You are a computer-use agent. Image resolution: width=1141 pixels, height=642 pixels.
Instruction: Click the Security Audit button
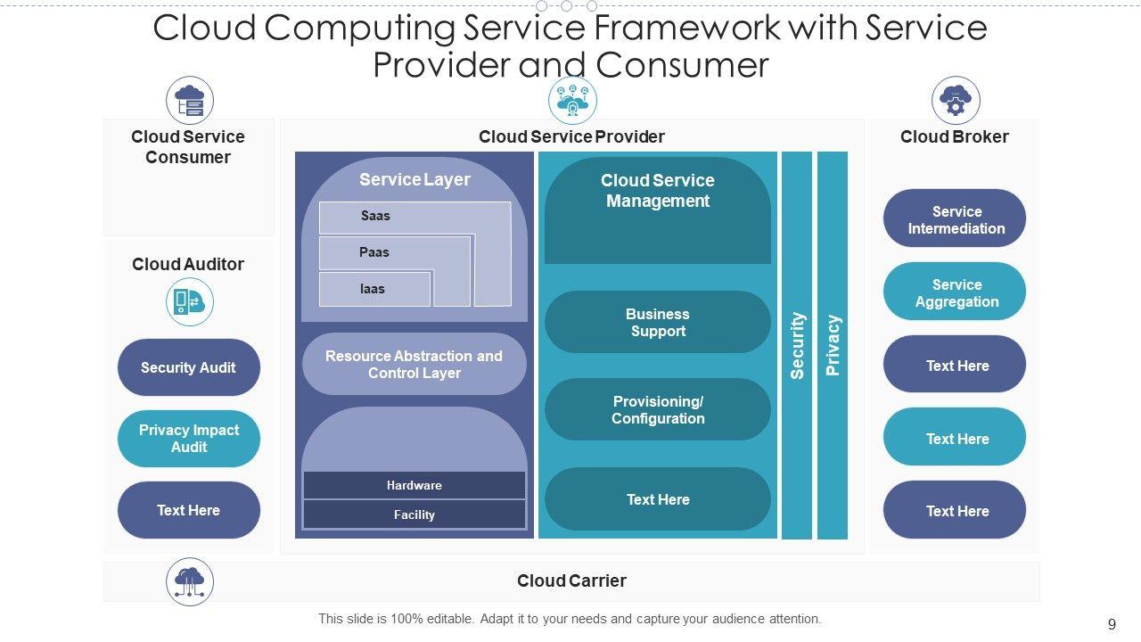tap(188, 367)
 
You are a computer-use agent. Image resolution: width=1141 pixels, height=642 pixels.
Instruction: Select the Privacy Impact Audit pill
tap(188, 439)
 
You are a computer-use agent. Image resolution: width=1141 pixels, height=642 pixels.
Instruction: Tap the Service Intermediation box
tap(955, 219)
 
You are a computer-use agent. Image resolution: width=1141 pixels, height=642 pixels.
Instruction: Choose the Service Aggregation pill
tap(955, 292)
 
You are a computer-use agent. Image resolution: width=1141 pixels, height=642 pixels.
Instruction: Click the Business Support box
tap(657, 322)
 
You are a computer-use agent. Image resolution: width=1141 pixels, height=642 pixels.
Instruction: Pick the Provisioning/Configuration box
tap(657, 409)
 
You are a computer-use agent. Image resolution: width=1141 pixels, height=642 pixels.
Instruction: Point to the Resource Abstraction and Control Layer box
tap(414, 364)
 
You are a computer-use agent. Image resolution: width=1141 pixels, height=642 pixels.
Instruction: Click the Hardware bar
tap(414, 485)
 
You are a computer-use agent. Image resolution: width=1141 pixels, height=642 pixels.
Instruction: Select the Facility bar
tap(414, 514)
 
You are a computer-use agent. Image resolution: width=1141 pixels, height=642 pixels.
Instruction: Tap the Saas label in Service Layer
tap(375, 216)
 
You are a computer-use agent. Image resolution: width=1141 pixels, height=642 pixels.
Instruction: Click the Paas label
tap(373, 252)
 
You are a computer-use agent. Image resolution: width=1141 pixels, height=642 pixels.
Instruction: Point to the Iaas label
tap(372, 289)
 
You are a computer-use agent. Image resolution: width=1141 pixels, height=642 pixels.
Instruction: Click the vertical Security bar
tap(797, 345)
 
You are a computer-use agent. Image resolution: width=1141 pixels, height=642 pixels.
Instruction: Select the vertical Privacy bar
tap(833, 345)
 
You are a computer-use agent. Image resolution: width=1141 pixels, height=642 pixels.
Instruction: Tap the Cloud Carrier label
tap(571, 580)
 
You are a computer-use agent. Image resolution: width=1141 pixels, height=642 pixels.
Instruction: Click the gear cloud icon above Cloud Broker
tap(956, 100)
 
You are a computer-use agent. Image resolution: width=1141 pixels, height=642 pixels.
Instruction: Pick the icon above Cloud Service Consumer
tap(190, 100)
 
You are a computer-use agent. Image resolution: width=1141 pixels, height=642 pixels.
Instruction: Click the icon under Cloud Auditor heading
tap(189, 301)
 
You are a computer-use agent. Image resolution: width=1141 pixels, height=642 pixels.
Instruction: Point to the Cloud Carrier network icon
tap(190, 581)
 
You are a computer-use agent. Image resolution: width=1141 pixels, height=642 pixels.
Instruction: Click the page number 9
tap(1112, 624)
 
